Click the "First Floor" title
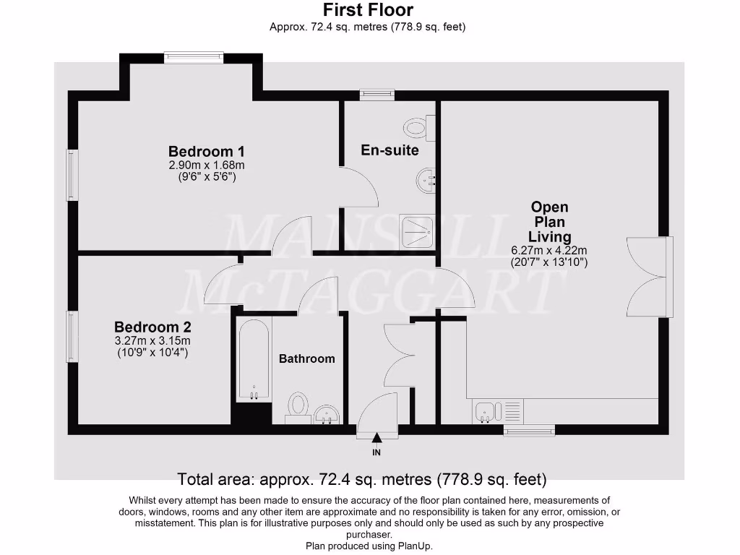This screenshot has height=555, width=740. coord(368,10)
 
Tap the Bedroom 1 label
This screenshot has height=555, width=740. coord(206,152)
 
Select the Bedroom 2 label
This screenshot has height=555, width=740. coord(152,327)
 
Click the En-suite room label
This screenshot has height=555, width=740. coord(390,150)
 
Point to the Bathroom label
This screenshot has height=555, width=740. coord(307,358)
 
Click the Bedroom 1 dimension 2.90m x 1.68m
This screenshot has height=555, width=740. coord(206,165)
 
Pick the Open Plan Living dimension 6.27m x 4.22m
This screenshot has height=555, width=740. coord(549,251)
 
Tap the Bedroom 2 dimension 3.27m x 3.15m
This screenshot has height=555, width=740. coord(152,340)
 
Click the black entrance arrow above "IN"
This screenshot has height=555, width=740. coord(377,437)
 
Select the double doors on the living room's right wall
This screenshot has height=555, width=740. coord(647,277)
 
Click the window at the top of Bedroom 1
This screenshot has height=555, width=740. coord(194,57)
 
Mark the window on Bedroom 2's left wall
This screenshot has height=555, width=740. coord(71,336)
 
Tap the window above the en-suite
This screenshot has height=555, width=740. coord(377,94)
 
